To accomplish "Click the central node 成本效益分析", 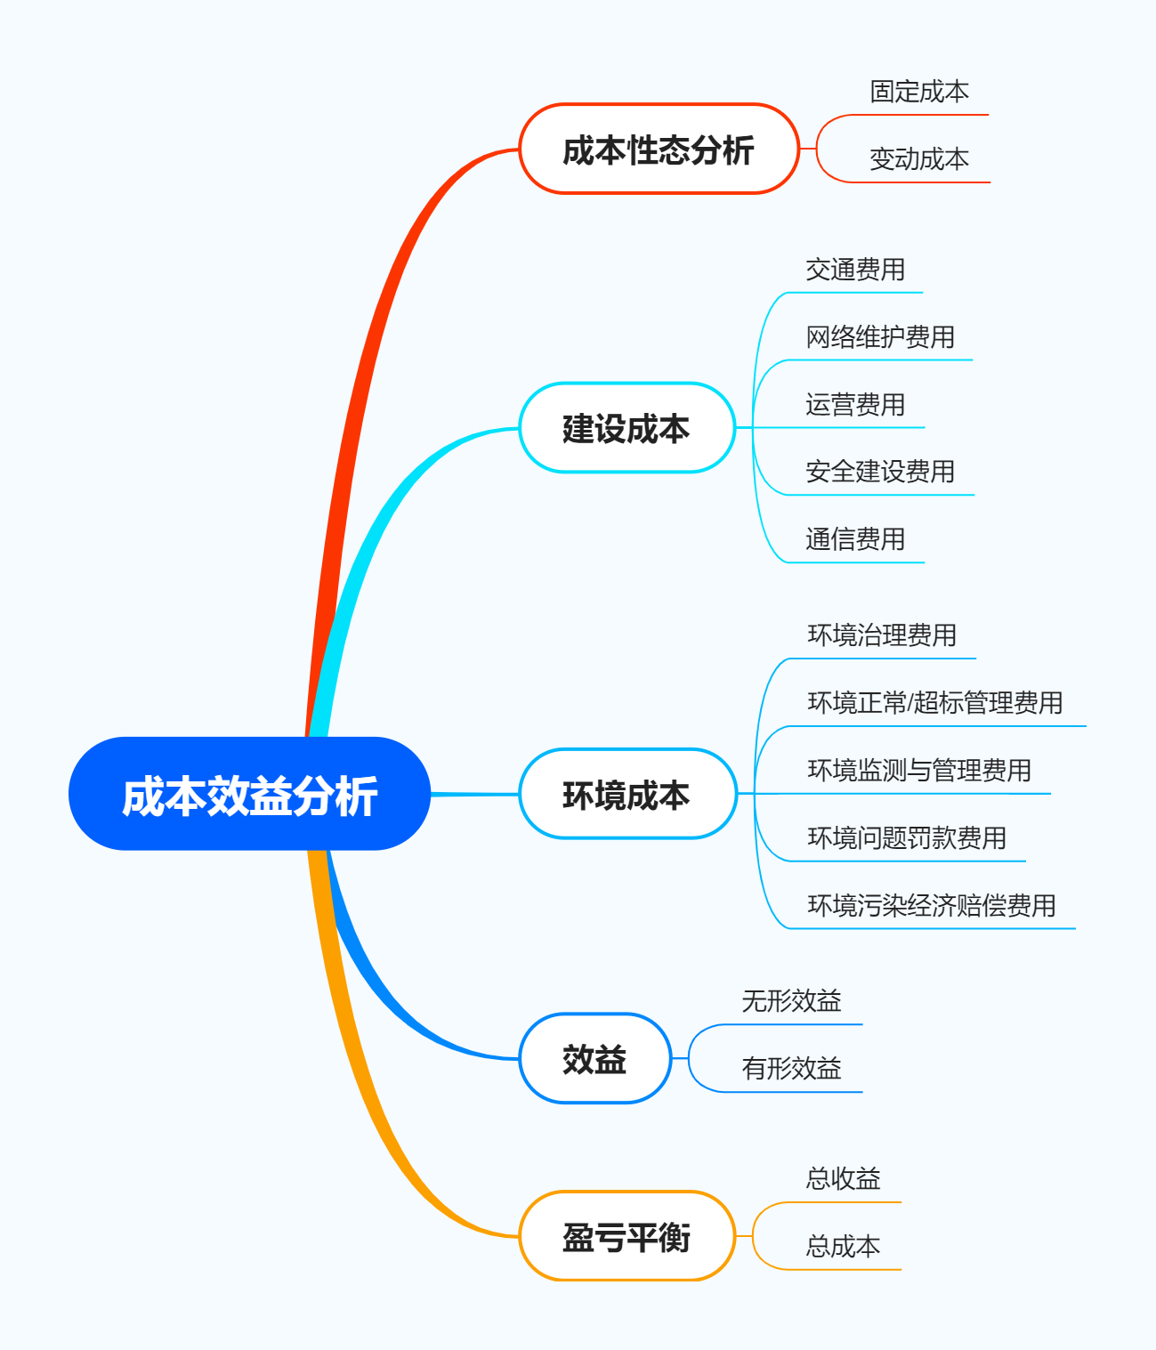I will [249, 794].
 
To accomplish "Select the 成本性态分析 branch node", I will [659, 150].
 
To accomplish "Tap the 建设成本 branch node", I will [627, 428].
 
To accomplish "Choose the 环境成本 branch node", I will [627, 794].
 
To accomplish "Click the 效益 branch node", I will [594, 1058].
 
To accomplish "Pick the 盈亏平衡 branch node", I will [627, 1236].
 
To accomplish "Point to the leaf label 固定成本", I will [918, 92].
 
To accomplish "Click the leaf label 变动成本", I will [918, 159].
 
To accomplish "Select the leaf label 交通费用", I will [854, 270].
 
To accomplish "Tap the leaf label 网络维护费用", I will [879, 337].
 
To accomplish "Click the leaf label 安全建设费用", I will [879, 472].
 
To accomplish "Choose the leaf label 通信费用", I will [854, 539].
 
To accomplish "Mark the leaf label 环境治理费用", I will [881, 635].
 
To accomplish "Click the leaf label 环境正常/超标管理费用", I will [934, 703].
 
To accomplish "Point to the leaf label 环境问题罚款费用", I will [906, 837].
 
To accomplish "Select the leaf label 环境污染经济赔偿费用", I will [931, 905].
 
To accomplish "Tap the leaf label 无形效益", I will [791, 1001].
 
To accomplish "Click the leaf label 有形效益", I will [791, 1069].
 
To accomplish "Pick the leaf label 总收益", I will [842, 1179].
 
